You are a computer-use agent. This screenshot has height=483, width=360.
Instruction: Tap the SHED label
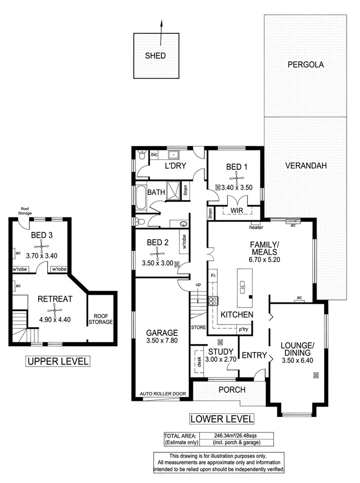(155, 56)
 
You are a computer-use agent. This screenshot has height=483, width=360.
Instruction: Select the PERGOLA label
(306, 65)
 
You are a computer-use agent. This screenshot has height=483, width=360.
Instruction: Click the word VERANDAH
(306, 166)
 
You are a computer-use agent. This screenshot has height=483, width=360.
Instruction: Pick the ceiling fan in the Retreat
(55, 309)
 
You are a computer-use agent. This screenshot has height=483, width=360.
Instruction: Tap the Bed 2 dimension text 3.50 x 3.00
(158, 263)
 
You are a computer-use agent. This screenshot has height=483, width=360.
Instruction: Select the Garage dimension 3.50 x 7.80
(162, 341)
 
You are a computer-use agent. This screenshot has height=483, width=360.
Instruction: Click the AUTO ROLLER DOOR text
(160, 393)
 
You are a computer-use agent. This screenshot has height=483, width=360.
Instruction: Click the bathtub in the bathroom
(141, 198)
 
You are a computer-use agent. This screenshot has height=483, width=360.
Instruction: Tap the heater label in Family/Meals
(256, 227)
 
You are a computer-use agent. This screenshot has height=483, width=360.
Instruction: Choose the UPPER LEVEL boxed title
(58, 362)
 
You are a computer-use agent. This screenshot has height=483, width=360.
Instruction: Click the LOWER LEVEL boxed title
(222, 418)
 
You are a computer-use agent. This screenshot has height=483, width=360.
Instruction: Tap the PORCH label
(232, 390)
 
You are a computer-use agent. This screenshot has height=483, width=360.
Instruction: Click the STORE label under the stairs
(198, 326)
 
